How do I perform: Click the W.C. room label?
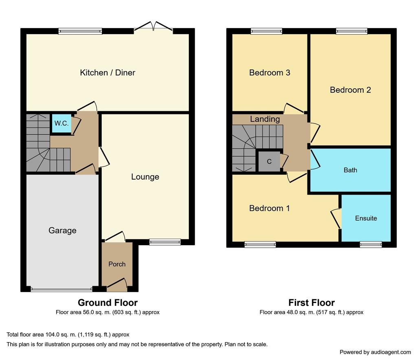61,123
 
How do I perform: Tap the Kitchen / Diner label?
108,73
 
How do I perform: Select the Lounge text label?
145,177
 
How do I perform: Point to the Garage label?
62,230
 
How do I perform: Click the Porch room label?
117,264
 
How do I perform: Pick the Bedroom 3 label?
270,73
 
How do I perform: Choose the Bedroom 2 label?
350,90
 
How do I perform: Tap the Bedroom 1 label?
270,209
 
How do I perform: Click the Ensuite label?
366,218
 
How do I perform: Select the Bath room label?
350,170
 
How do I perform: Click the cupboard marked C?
269,161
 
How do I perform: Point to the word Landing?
265,119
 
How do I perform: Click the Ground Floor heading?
108,303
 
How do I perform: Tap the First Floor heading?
312,303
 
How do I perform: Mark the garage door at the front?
61,290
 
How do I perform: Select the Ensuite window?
371,244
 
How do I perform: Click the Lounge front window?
165,242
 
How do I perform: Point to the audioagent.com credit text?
375,352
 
